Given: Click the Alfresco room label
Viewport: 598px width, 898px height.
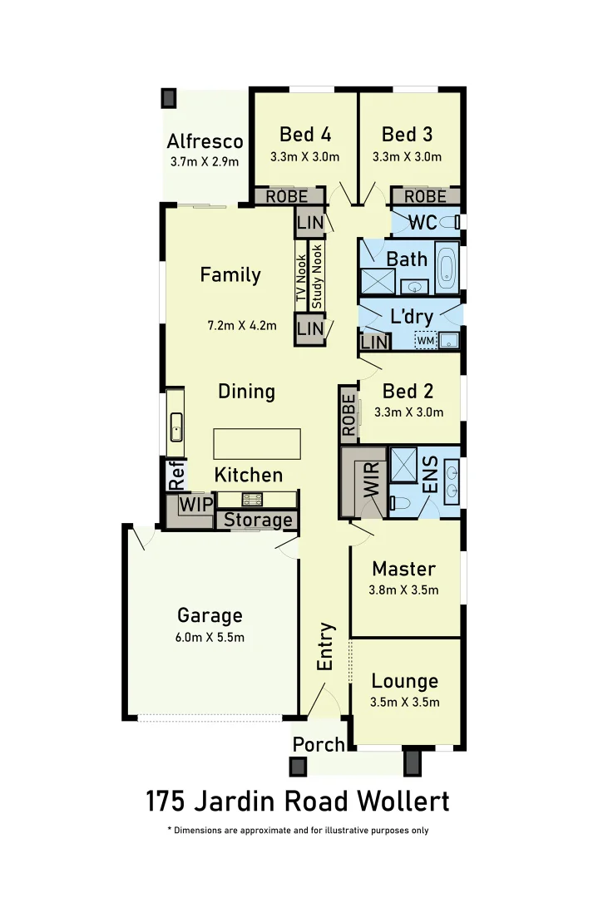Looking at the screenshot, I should [205, 141].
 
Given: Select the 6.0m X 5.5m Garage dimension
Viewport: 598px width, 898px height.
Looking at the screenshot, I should [210, 637].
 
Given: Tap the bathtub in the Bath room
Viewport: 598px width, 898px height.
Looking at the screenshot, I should [447, 266].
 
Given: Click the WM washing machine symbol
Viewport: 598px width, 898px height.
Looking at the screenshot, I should [425, 340].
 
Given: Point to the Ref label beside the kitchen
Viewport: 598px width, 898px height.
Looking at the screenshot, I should [176, 474].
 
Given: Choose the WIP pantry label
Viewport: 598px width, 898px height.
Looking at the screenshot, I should [196, 505].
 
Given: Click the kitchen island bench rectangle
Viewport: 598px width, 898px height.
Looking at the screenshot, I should [257, 443].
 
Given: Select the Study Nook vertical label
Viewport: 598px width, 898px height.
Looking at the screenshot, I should [317, 276].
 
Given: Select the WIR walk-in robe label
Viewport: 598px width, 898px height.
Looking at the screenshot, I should [371, 481].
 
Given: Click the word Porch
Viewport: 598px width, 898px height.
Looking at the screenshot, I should [319, 744].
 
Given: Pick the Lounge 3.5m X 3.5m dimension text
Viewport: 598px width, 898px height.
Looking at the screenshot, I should [405, 702].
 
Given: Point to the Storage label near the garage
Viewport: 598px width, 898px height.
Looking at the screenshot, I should [259, 521].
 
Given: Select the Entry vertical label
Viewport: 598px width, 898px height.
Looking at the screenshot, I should [326, 646].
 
